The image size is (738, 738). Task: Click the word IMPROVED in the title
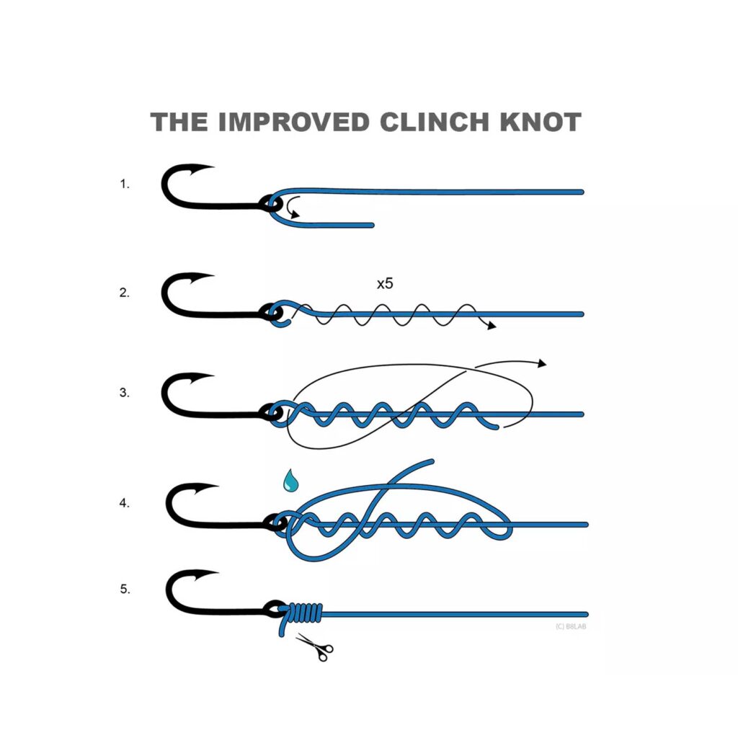(x=294, y=122)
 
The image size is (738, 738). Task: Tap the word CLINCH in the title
(x=435, y=122)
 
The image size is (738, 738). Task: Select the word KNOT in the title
(x=541, y=122)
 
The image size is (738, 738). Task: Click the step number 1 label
(x=124, y=184)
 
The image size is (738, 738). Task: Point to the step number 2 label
(x=124, y=293)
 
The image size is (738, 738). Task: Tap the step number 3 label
(x=124, y=393)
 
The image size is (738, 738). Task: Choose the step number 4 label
(x=124, y=503)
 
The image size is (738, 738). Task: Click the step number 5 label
(x=125, y=589)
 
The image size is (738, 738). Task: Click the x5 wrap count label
(x=385, y=283)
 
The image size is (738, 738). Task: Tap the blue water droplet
(x=290, y=481)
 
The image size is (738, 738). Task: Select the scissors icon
(x=315, y=647)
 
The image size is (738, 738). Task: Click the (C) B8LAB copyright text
(x=571, y=626)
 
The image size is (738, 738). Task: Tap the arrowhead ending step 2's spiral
(x=492, y=326)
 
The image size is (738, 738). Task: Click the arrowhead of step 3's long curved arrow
(x=542, y=363)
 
